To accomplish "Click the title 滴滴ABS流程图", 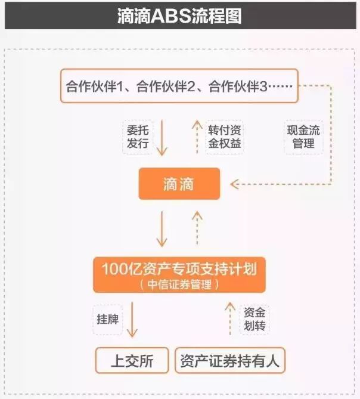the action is (179, 16).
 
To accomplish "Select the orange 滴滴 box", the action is (179, 184).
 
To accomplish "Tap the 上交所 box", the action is (132, 361).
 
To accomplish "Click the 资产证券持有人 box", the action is (229, 361).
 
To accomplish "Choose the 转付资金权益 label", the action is (225, 137).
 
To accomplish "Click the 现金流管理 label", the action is (303, 137).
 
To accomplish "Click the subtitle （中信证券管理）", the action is (179, 284).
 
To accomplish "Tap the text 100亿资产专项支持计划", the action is (179, 270).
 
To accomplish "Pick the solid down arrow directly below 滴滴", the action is (162, 230).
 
